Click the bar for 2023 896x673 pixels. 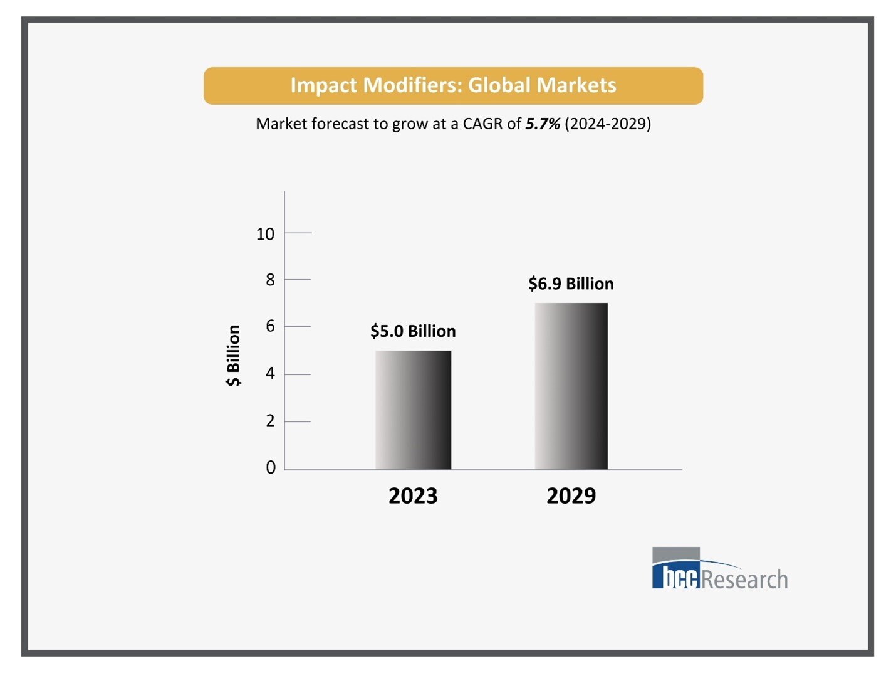413,410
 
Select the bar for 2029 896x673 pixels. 571,386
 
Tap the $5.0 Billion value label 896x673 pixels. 413,331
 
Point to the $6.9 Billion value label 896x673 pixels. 571,284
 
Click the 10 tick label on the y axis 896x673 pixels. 265,234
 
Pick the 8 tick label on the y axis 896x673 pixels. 270,280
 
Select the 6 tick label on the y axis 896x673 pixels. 270,326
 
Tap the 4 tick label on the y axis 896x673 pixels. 270,374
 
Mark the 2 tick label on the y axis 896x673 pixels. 270,421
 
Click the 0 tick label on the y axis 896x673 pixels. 270,467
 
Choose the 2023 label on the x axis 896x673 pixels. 413,496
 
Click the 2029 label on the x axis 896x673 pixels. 571,496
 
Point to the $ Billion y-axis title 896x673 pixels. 233,355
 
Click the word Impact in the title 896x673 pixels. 324,85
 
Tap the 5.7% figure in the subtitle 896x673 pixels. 543,124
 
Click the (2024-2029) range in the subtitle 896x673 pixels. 608,124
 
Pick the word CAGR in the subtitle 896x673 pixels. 482,124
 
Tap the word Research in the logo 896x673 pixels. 744,580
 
